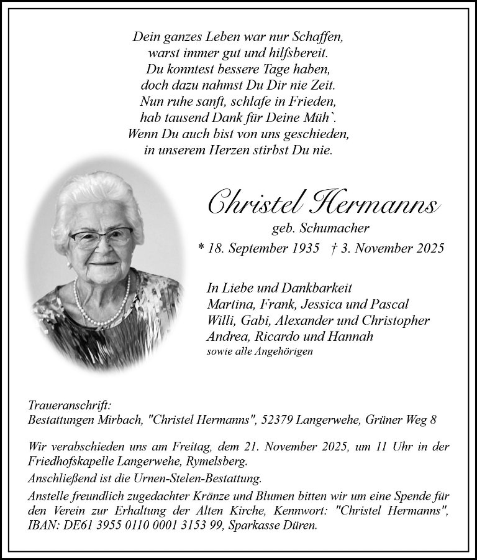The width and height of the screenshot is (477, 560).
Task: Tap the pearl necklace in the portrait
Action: pos(103,307)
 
